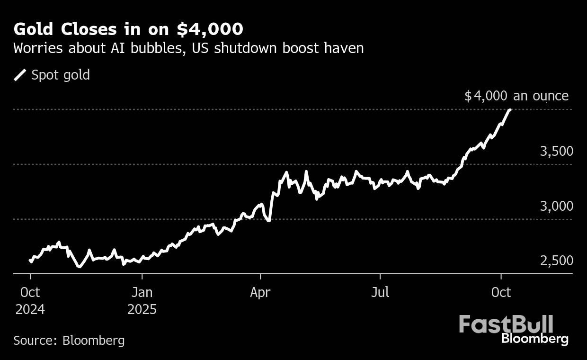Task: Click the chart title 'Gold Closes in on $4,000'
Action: point(128,29)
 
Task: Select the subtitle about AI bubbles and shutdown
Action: point(188,48)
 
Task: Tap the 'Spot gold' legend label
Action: point(60,75)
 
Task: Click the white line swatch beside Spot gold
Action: point(20,75)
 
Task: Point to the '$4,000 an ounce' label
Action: point(516,96)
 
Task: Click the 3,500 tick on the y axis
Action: point(557,152)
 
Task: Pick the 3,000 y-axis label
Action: point(557,206)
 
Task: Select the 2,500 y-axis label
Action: point(557,261)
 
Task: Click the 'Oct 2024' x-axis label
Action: point(30,300)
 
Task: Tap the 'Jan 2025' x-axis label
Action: point(142,300)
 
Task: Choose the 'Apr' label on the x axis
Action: point(260,292)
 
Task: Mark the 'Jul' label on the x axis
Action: point(380,292)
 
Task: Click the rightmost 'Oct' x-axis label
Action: point(501,292)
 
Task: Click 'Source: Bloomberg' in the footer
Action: point(69,340)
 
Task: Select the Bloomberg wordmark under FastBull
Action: point(534,339)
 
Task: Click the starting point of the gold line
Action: point(30,261)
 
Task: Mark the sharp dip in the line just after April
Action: point(268,221)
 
